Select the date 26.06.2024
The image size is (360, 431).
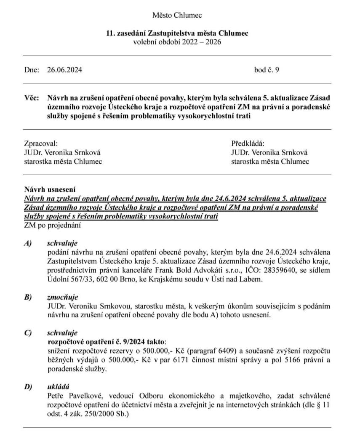[64, 70]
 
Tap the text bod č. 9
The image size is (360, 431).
[267, 70]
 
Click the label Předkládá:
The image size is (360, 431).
[248, 143]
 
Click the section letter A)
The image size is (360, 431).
[28, 244]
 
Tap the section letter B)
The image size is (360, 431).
[28, 297]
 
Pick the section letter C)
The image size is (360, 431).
[28, 333]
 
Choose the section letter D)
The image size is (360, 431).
[28, 386]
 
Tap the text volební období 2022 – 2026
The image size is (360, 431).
[177, 42]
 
